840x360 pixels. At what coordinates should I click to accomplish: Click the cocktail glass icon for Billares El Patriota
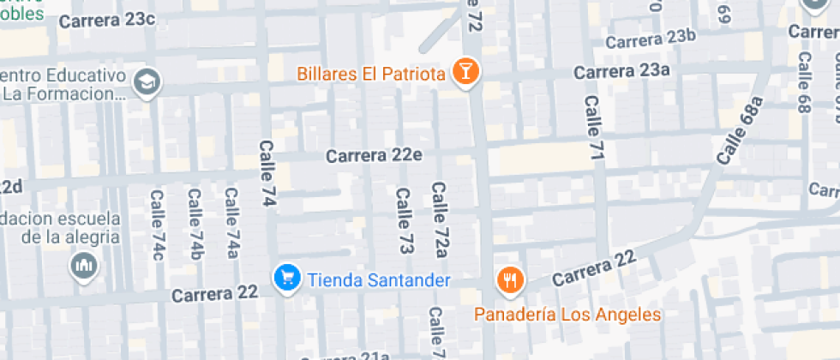465,72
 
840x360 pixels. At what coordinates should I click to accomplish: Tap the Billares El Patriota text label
371,74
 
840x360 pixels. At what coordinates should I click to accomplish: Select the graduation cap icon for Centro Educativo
148,82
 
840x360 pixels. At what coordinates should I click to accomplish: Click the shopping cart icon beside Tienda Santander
286,278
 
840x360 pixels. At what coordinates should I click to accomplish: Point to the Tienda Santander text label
378,280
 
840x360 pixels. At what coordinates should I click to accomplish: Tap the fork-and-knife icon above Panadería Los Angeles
511,279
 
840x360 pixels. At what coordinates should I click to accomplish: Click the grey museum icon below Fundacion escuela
84,265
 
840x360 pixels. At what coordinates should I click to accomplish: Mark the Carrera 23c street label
108,20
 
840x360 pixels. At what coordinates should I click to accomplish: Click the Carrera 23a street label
621,71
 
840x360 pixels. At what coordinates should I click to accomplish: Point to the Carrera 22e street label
374,156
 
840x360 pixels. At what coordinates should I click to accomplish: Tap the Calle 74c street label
157,225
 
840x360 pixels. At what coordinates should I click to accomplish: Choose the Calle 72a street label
440,219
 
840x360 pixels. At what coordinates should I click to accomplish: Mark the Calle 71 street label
594,127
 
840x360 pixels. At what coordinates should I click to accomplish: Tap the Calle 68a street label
740,131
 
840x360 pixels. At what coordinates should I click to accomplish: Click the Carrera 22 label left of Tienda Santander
214,293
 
